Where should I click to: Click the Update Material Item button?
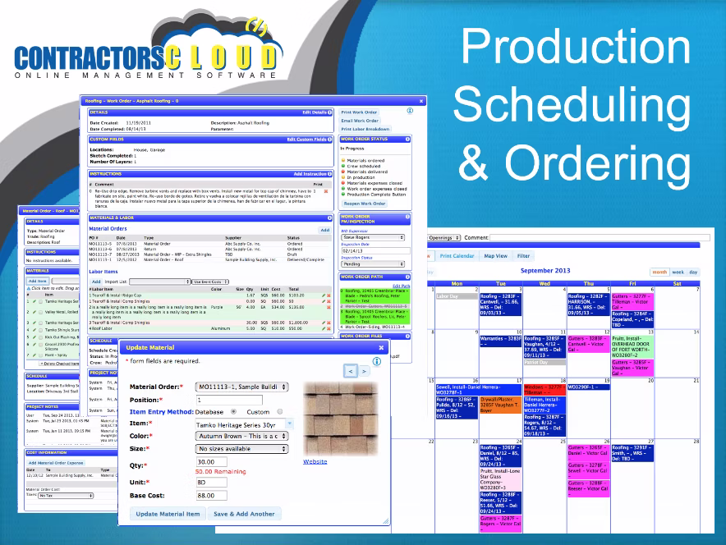(168, 514)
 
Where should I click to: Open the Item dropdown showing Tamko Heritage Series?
(241, 424)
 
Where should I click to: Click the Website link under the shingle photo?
(315, 462)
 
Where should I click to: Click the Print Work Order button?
(360, 112)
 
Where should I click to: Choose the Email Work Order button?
(360, 121)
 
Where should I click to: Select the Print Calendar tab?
(458, 256)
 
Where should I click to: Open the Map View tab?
(495, 256)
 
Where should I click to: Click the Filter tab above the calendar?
(524, 256)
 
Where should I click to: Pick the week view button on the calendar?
(678, 272)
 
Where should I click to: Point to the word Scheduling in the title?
(572, 105)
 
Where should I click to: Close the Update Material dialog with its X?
(381, 347)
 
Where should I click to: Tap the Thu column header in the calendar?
(589, 284)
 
